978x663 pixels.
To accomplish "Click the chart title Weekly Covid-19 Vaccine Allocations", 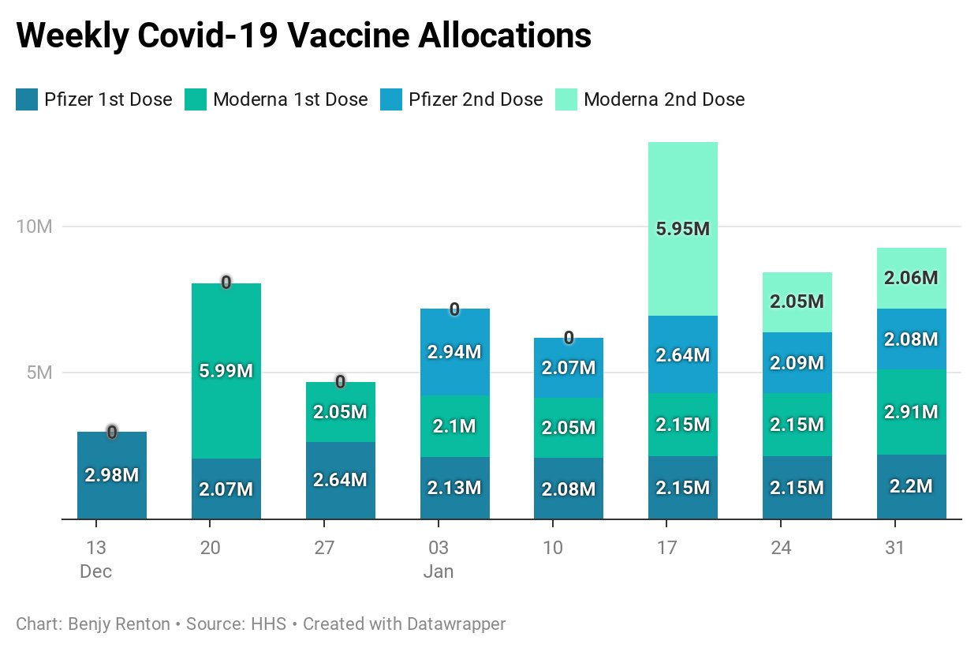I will point(304,36).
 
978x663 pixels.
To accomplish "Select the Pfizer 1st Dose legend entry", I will point(94,99).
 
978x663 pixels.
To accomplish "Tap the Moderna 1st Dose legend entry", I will point(276,99).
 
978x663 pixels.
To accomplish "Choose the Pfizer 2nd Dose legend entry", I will point(461,99).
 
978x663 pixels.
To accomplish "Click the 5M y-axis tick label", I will point(39,373).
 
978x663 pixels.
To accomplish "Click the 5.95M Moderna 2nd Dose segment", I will point(683,229).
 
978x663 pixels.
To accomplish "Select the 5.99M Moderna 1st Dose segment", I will point(226,371).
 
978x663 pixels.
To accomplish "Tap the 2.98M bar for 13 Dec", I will point(112,475).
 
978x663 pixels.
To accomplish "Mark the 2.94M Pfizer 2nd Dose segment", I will point(454,352).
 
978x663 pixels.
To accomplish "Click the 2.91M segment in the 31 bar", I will point(911,412).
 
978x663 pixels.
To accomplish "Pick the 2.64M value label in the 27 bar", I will point(340,480).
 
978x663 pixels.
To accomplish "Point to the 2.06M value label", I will point(911,278).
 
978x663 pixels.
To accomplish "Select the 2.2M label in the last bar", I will point(911,486).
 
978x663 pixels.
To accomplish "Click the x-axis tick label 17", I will point(666,548).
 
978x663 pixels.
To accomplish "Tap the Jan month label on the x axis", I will point(439,571).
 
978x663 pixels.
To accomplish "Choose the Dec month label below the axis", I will point(96,571).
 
